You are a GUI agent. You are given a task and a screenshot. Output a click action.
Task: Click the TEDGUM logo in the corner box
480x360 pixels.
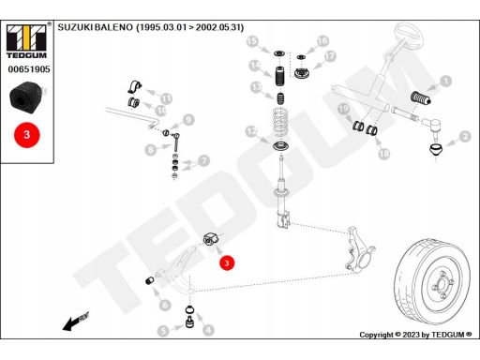26,41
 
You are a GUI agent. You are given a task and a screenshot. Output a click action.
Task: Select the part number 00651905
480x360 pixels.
29,69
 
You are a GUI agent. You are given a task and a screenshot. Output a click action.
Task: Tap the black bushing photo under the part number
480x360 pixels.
26,97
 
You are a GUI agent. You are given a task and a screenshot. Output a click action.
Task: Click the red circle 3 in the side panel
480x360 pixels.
27,135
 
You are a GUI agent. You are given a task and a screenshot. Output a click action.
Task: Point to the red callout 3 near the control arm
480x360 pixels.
227,262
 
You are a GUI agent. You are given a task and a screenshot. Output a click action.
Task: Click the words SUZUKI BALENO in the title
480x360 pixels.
96,27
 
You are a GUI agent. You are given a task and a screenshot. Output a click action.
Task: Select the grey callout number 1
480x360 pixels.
445,81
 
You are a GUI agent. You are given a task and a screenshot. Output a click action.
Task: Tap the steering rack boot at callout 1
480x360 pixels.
421,97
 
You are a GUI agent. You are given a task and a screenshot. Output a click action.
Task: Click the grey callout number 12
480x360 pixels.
251,131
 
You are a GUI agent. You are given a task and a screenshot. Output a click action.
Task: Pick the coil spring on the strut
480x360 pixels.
282,123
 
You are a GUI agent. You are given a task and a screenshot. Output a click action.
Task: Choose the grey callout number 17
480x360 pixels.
330,56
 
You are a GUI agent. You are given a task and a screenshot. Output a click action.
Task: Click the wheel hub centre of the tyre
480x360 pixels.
442,285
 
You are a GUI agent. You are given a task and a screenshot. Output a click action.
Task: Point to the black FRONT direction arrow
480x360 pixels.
76,322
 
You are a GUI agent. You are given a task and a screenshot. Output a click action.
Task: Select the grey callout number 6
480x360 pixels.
165,306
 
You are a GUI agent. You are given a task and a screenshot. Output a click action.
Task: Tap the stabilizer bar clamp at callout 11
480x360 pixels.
135,86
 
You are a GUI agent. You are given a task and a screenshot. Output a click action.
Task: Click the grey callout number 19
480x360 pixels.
343,109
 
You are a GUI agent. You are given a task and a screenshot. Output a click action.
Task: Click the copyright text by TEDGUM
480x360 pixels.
415,335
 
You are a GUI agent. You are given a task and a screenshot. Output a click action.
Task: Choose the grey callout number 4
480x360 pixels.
208,330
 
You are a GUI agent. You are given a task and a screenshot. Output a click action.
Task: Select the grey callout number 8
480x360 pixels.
151,150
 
